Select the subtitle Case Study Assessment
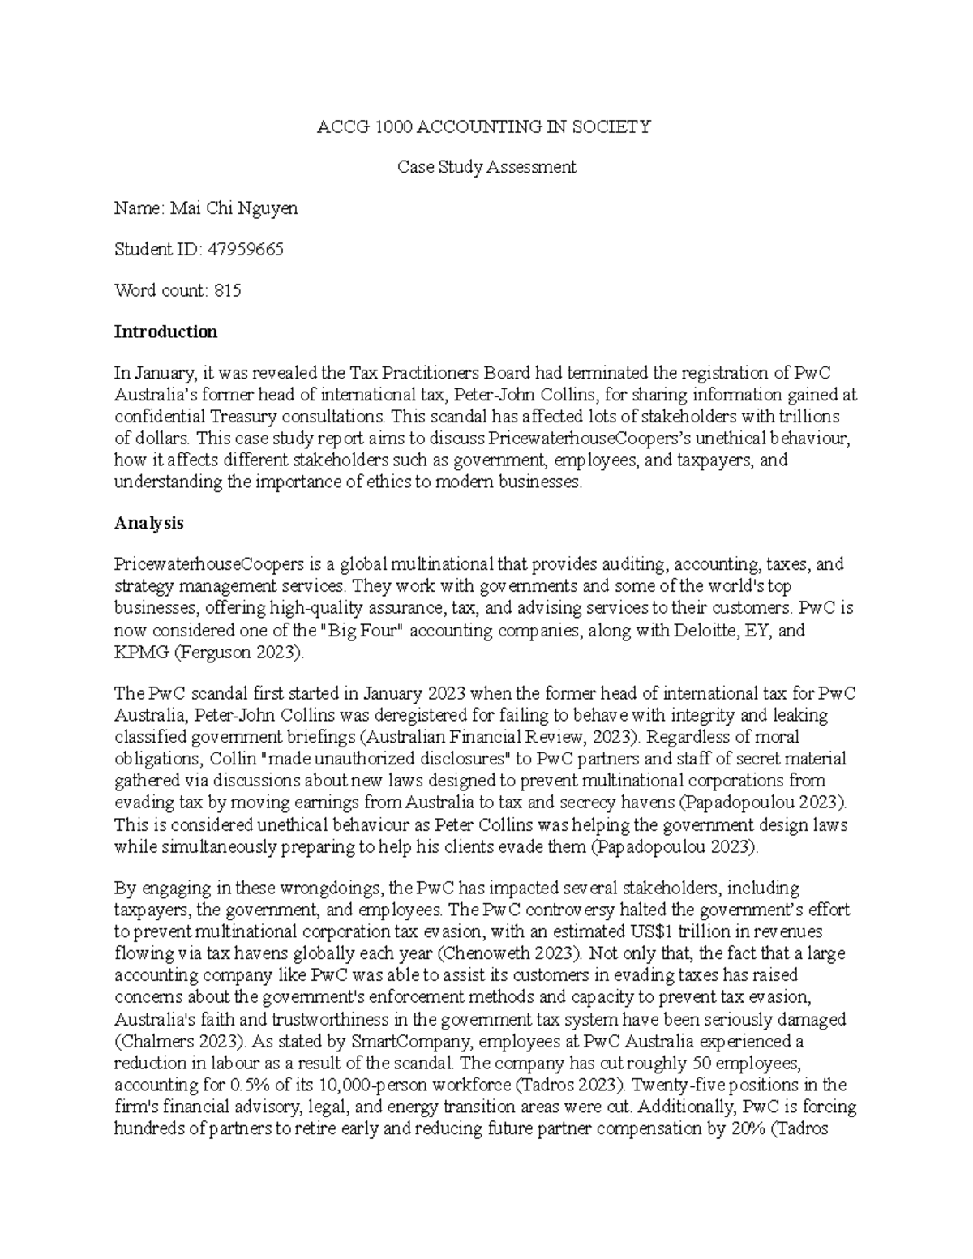tap(486, 167)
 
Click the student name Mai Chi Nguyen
tap(234, 208)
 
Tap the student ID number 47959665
tap(246, 250)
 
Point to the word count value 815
tap(228, 290)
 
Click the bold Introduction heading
tap(165, 332)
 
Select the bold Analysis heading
tap(148, 523)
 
